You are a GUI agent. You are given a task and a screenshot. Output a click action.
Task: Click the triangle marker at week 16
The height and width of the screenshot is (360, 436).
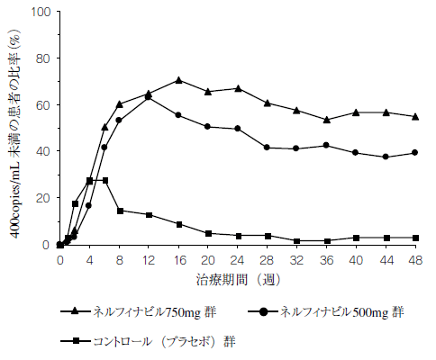coord(178,80)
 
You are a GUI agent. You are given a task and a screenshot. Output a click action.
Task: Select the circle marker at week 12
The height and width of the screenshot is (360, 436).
coord(149,97)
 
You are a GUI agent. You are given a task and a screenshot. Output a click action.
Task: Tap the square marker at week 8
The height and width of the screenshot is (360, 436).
coord(119,211)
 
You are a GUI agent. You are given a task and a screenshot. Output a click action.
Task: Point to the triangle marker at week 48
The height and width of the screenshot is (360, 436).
coord(414,116)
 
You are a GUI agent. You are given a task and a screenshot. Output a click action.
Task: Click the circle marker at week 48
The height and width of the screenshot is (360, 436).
coord(414,152)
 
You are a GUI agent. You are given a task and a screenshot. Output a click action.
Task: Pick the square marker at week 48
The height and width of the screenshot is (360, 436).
coord(414,238)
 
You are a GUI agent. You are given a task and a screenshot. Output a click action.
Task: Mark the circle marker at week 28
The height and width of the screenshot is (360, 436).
coord(267,148)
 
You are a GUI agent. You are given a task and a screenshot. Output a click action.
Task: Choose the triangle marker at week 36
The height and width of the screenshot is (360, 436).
coord(326,120)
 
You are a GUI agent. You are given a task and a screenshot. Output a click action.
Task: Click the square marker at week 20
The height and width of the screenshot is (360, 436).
coord(208,233)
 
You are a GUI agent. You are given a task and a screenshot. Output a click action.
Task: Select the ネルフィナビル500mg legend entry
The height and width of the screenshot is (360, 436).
coord(339,311)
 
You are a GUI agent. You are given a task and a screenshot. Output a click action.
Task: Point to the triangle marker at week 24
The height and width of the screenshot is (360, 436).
coord(237,88)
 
